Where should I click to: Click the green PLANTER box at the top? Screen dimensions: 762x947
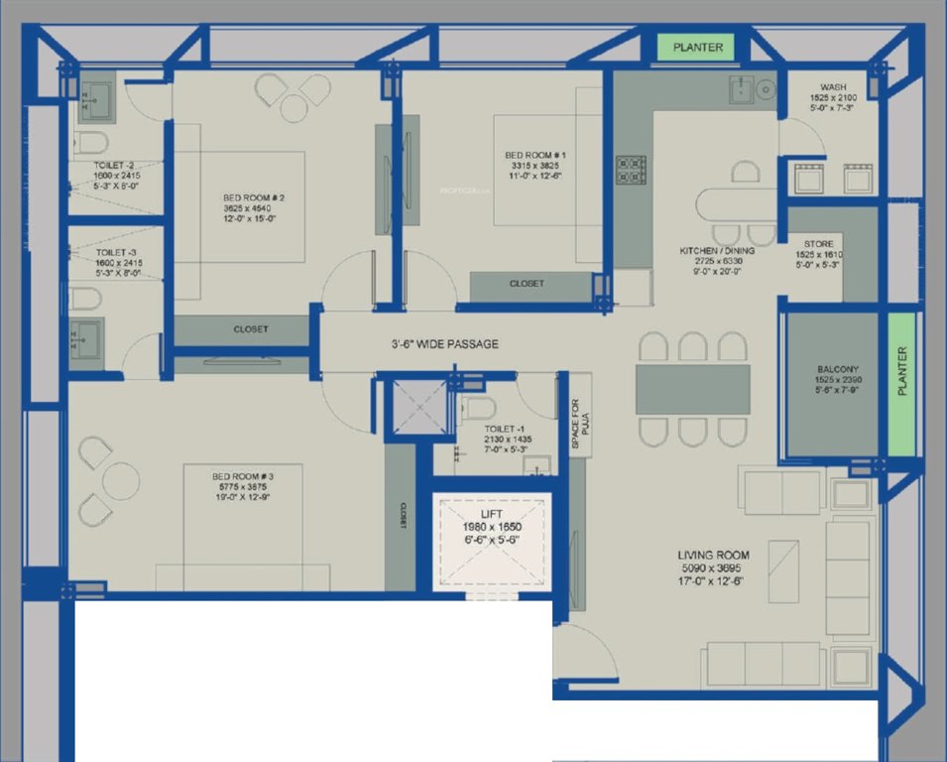tap(698, 47)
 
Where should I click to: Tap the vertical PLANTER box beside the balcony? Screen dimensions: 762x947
tap(901, 384)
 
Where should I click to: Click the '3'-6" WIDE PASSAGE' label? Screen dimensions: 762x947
tap(443, 344)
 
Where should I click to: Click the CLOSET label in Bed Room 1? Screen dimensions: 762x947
tap(527, 284)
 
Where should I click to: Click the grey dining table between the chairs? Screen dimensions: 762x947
tap(692, 389)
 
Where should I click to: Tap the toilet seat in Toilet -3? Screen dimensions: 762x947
tap(85, 298)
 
